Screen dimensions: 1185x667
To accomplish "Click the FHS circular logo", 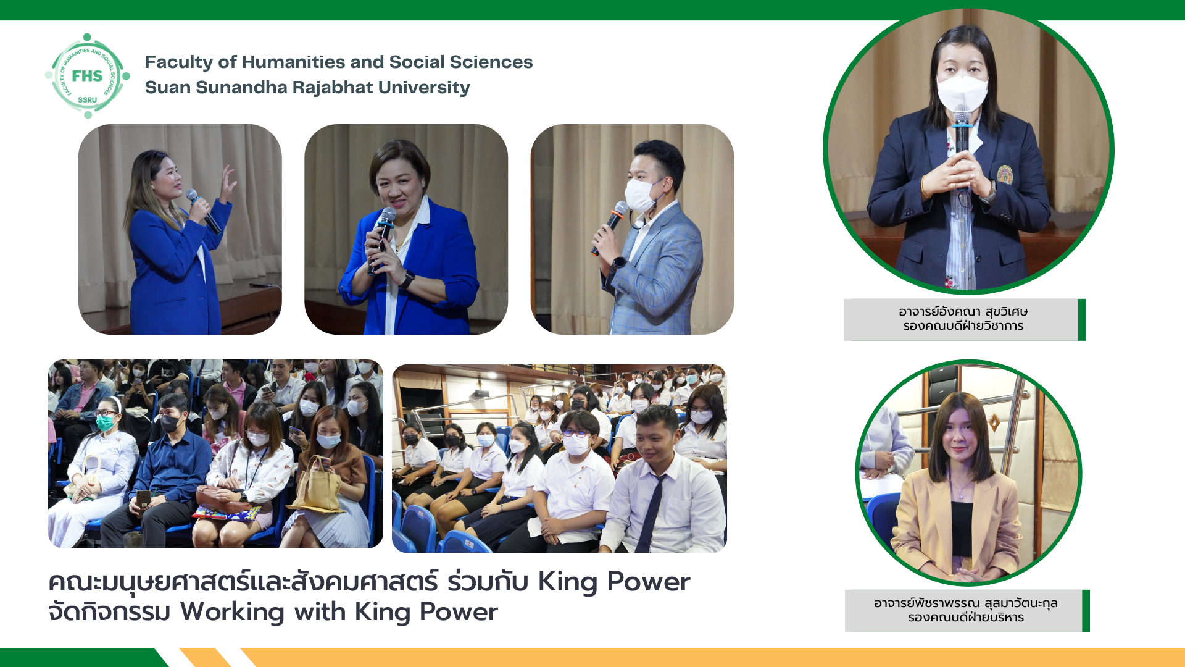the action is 88,76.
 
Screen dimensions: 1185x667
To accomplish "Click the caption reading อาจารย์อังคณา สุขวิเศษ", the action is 963,312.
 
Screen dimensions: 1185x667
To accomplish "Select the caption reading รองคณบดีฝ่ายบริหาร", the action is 966,617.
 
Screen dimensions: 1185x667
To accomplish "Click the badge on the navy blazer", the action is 1005,174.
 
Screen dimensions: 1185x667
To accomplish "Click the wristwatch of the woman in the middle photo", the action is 407,279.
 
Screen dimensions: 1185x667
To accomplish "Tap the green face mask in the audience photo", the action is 105,422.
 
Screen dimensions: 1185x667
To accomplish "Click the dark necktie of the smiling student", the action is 652,512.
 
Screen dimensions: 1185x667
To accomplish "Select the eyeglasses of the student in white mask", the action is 575,433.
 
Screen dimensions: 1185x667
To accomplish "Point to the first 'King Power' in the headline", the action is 614,582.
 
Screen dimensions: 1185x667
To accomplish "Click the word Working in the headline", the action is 233,613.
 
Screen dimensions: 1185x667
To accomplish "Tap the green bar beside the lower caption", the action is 1086,611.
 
